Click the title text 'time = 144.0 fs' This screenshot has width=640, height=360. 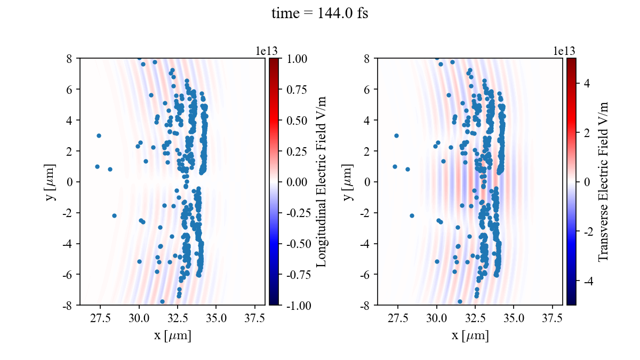(x=319, y=14)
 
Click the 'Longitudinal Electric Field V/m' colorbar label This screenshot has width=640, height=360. (x=322, y=181)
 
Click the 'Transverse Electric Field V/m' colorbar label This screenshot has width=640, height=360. (x=603, y=181)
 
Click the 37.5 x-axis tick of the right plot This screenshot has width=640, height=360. (x=552, y=318)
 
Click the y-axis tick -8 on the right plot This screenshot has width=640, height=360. (x=367, y=305)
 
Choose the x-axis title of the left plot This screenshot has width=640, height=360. (x=172, y=336)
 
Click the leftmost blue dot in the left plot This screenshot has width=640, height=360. (x=97, y=166)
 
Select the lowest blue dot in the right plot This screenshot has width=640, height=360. (x=460, y=301)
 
